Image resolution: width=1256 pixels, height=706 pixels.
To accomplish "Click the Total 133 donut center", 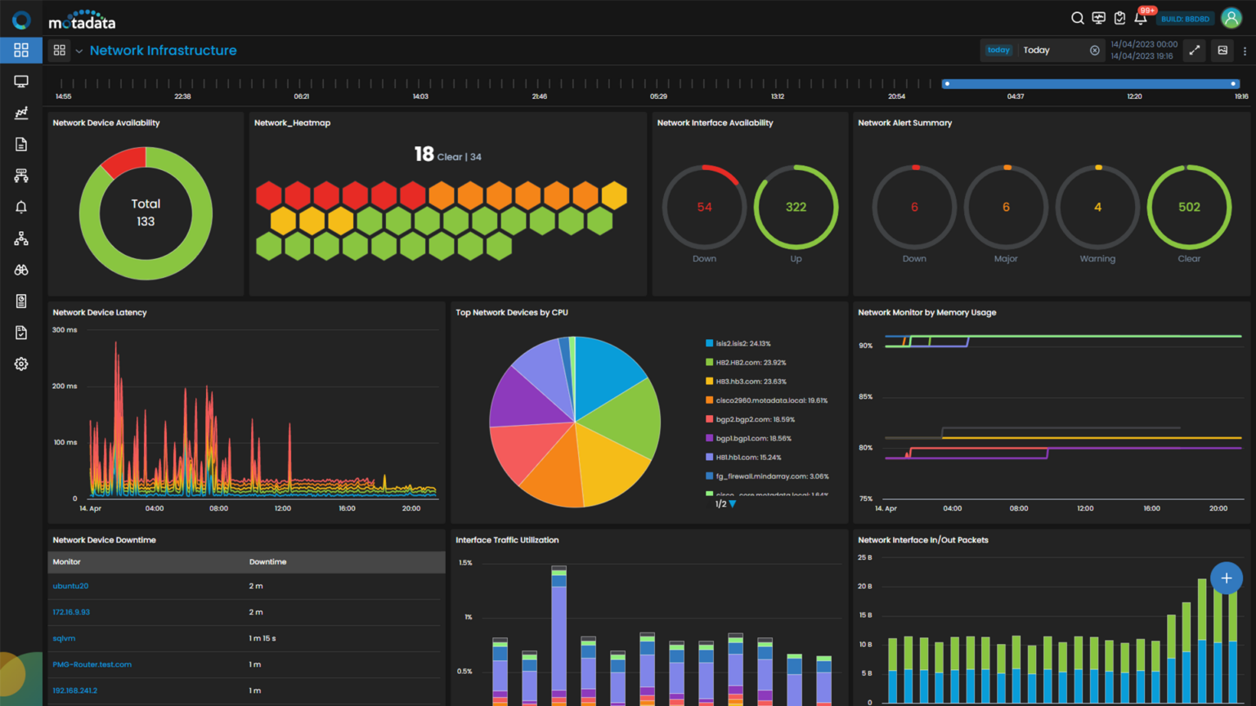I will click(146, 212).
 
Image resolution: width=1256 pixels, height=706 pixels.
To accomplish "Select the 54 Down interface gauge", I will click(704, 208).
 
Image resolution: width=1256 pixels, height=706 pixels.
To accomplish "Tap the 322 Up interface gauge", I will click(796, 208).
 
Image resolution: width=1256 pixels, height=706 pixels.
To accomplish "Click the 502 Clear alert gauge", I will click(1189, 208).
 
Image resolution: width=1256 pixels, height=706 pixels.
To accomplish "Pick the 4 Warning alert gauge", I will click(1097, 208).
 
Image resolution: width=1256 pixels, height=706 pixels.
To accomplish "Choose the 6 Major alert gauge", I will click(1006, 208).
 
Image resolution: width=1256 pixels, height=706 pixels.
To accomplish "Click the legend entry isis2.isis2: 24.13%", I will click(742, 344).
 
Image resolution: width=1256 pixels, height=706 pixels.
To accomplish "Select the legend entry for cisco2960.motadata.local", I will click(771, 400).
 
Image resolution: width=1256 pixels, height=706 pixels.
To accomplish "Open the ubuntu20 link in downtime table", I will click(70, 586).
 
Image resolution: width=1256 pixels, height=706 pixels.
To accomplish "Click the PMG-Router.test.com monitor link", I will click(92, 664).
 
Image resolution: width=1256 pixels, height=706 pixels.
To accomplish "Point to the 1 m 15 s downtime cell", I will click(262, 638).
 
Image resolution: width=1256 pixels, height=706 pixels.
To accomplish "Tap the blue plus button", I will click(1226, 578).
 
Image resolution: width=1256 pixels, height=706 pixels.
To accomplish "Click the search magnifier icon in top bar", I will click(1077, 18).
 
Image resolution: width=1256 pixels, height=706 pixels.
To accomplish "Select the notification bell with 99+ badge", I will click(1141, 18).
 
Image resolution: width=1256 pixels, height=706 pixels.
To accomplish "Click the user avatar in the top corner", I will click(1231, 18).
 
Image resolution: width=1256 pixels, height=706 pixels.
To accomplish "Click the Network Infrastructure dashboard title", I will click(163, 51).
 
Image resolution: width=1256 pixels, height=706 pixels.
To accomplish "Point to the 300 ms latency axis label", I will click(65, 330).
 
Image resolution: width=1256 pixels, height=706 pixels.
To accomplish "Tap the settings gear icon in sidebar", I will click(21, 364).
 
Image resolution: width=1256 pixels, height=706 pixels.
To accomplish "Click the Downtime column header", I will click(267, 562).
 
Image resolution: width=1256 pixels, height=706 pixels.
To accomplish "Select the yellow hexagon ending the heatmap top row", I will click(614, 195).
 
